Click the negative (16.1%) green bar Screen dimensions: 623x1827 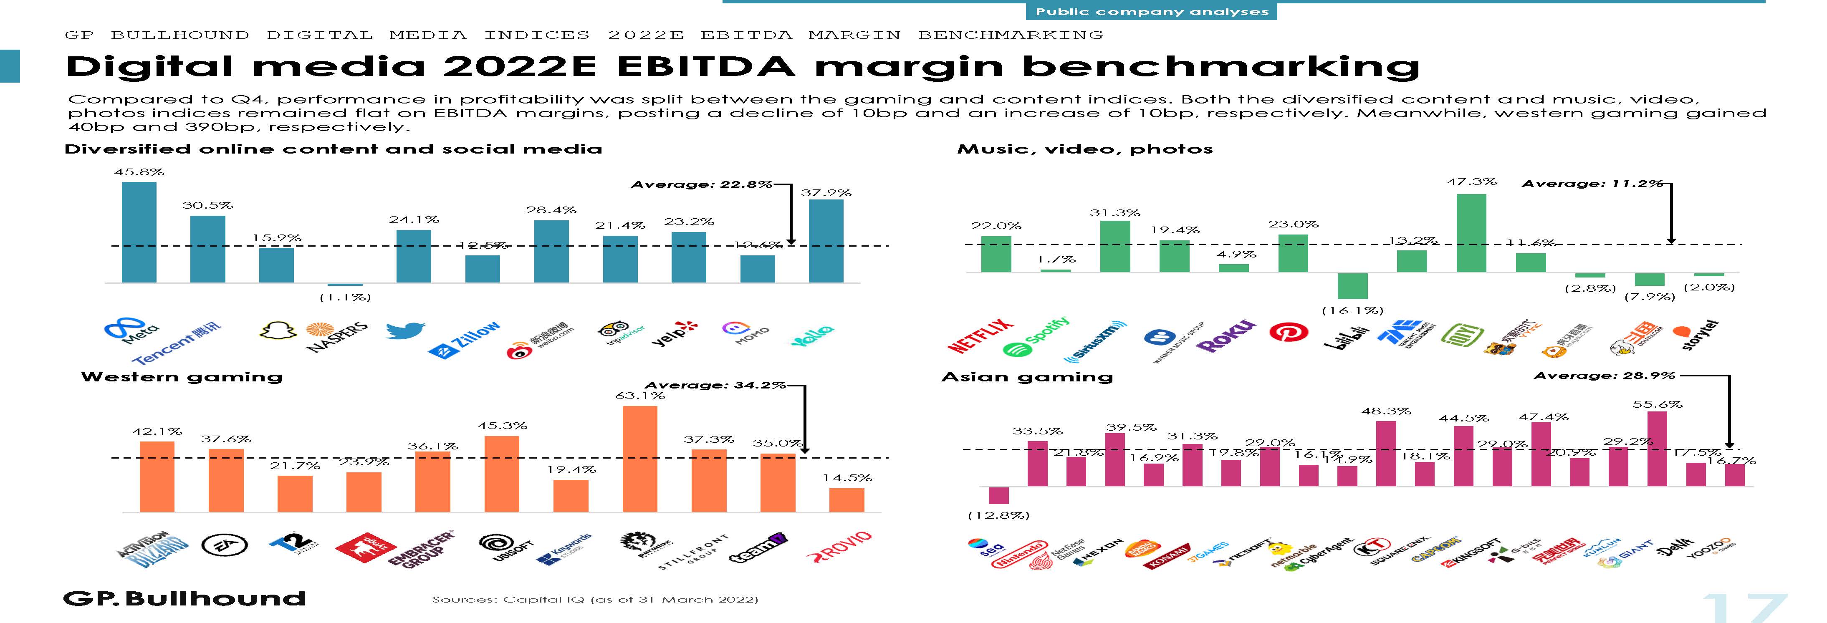tap(1352, 286)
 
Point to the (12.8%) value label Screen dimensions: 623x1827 tap(998, 515)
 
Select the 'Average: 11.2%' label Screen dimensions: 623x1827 tap(1592, 184)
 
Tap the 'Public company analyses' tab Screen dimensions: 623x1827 tap(1151, 11)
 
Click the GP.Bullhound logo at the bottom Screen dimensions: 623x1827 tap(184, 599)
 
